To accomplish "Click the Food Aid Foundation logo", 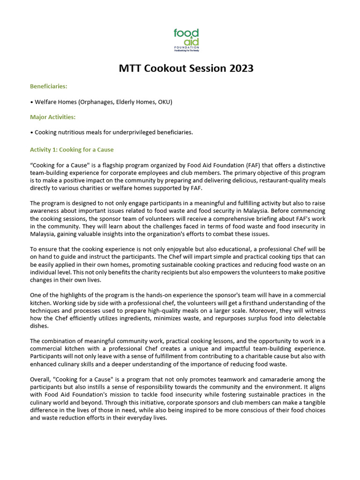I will [x=186, y=40].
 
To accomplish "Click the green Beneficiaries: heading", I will [x=49, y=86].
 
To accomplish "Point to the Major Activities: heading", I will [x=52, y=117].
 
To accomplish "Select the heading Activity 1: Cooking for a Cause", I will [x=72, y=150].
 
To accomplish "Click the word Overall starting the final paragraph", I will [x=41, y=379].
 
